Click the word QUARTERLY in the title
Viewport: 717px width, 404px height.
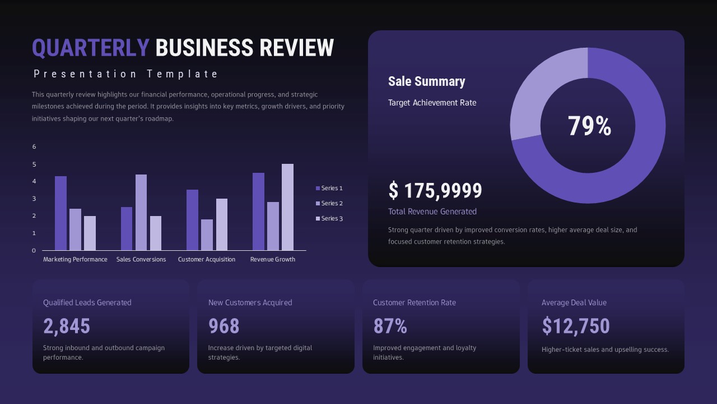[90, 48]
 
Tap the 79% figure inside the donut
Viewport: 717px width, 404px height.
[589, 126]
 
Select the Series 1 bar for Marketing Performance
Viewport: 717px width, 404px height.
[60, 213]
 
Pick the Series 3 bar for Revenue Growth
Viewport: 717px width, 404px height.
[287, 207]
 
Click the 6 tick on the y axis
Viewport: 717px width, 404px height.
[34, 147]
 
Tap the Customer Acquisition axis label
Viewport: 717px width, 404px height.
[207, 259]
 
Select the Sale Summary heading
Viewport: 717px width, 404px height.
[426, 81]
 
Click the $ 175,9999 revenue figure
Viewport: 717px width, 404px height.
[435, 191]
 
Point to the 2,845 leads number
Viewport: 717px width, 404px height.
[67, 326]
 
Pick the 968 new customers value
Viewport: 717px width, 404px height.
[224, 326]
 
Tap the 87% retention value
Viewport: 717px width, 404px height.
[390, 326]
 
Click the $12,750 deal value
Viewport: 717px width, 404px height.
[575, 326]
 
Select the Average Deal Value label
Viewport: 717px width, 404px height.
[574, 302]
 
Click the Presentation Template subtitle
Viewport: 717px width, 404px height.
[126, 74]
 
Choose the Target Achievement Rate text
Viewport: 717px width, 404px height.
[432, 103]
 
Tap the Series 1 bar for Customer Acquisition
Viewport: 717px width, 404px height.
[192, 220]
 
